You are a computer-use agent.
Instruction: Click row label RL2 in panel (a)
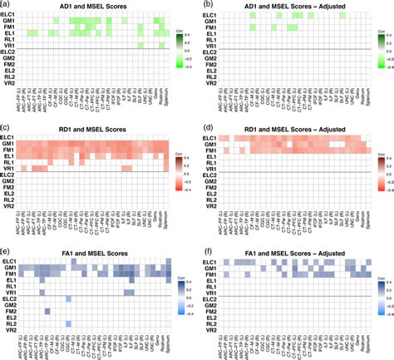12,78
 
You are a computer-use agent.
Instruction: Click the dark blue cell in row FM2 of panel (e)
47,311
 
